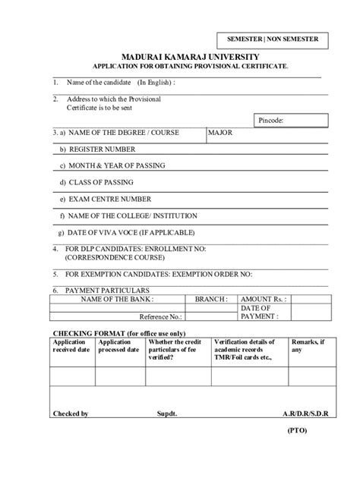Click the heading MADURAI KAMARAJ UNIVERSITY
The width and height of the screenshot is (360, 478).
pyautogui.click(x=186, y=57)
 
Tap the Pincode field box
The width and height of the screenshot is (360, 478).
pyautogui.click(x=290, y=120)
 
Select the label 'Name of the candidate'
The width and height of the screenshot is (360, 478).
pyautogui.click(x=99, y=82)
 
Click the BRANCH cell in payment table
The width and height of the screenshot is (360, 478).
pyautogui.click(x=211, y=299)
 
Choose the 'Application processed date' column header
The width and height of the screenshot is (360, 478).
pyautogui.click(x=118, y=346)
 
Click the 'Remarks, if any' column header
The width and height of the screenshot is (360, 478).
pyautogui.click(x=311, y=346)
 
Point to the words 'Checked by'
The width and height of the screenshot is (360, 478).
pyautogui.click(x=70, y=414)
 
